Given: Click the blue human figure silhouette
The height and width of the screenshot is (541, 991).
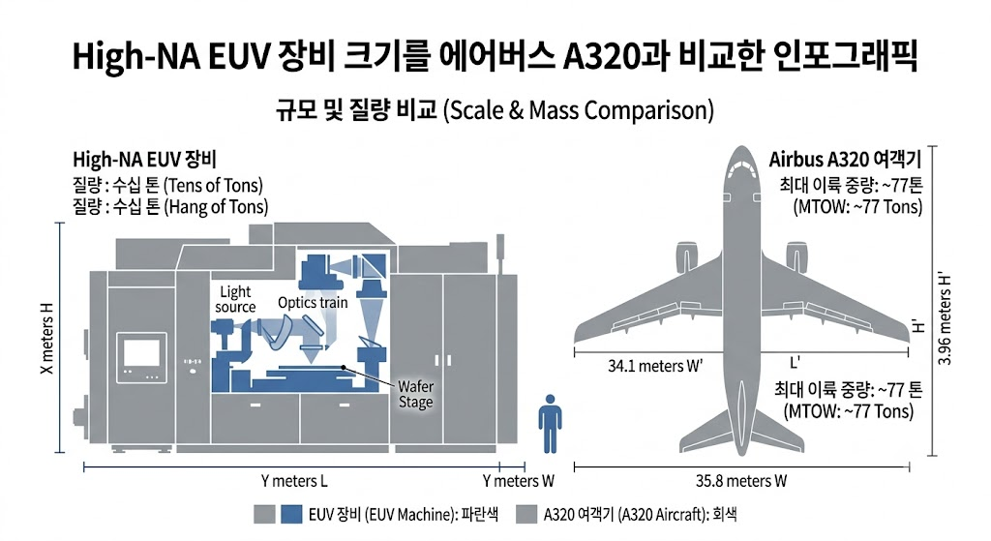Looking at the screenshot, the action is [x=550, y=424].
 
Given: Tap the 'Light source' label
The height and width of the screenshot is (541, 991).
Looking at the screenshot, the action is [x=235, y=300].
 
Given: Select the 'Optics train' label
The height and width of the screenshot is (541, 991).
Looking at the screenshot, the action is [x=313, y=303].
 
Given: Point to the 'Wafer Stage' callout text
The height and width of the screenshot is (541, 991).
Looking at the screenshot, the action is [x=416, y=394].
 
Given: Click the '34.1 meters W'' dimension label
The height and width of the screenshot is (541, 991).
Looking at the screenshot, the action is [x=655, y=366].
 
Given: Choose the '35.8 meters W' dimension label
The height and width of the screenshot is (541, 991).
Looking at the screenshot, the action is [x=741, y=482].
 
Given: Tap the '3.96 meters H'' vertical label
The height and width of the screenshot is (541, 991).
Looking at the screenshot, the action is [x=945, y=319].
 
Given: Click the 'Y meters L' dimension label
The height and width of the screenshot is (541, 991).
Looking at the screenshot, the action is [x=294, y=482].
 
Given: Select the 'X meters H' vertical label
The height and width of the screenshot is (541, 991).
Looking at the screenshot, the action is [x=47, y=338].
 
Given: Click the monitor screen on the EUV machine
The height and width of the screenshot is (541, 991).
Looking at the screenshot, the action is [x=141, y=352].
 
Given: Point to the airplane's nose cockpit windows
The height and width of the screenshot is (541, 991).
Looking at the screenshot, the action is [x=742, y=167].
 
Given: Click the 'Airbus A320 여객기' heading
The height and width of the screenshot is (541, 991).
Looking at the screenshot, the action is [x=845, y=160].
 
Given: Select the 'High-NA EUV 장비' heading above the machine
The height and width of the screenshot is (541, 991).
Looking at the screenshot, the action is [x=145, y=160].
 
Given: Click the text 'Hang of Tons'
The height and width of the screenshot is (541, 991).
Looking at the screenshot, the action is [x=216, y=207].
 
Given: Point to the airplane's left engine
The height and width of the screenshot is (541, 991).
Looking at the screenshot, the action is [x=686, y=257].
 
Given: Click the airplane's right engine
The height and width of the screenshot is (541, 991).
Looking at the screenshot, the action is [x=796, y=257].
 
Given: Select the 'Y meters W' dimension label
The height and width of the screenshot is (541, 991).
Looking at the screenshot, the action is [x=519, y=482].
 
